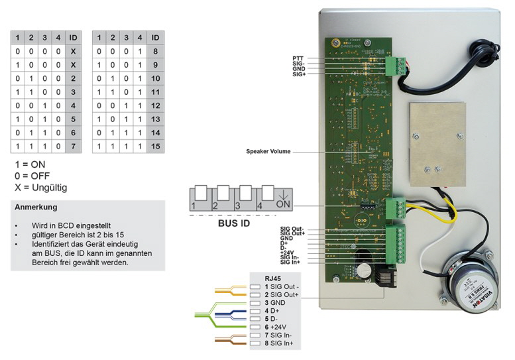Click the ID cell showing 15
[155, 145]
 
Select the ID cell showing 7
[73, 145]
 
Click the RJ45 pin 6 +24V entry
[273, 326]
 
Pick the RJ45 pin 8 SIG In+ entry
[276, 343]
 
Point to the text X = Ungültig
[40, 188]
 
